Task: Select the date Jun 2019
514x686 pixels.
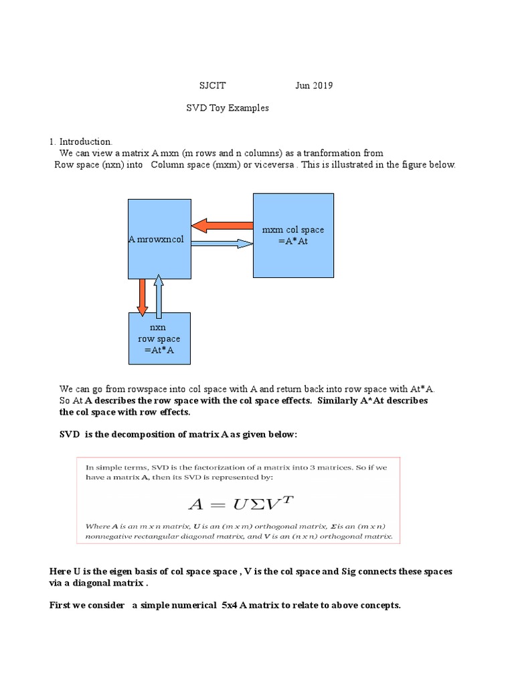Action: click(314, 86)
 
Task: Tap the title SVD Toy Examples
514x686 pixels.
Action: click(227, 108)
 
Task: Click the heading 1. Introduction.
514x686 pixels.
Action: click(80, 142)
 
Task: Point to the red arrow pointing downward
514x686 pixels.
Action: click(142, 295)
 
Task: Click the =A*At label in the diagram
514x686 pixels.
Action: click(293, 241)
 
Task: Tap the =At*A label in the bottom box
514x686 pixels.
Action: click(159, 350)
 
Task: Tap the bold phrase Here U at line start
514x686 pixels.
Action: click(65, 571)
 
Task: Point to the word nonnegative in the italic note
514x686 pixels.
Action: click(111, 537)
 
